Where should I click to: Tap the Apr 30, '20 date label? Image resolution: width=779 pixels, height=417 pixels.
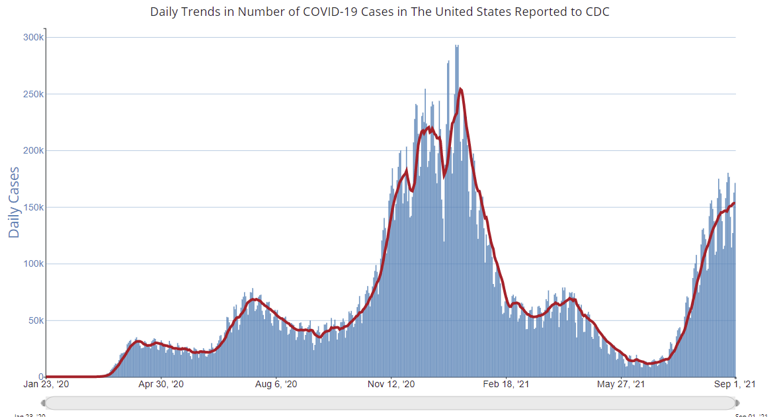160,384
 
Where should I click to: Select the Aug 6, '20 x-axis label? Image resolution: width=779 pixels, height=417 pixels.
276,384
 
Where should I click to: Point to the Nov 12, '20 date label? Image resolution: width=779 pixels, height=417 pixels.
391,384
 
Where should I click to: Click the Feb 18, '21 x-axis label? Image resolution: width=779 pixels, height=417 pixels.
507,384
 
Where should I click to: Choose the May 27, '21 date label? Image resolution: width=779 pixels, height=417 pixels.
622,384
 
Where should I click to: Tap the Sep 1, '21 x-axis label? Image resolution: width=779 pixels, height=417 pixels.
736,384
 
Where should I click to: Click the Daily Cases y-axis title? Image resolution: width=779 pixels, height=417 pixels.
14,203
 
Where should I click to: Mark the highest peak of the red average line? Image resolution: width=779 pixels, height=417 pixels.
460,89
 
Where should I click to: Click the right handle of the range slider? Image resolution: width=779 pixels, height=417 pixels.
737,403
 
